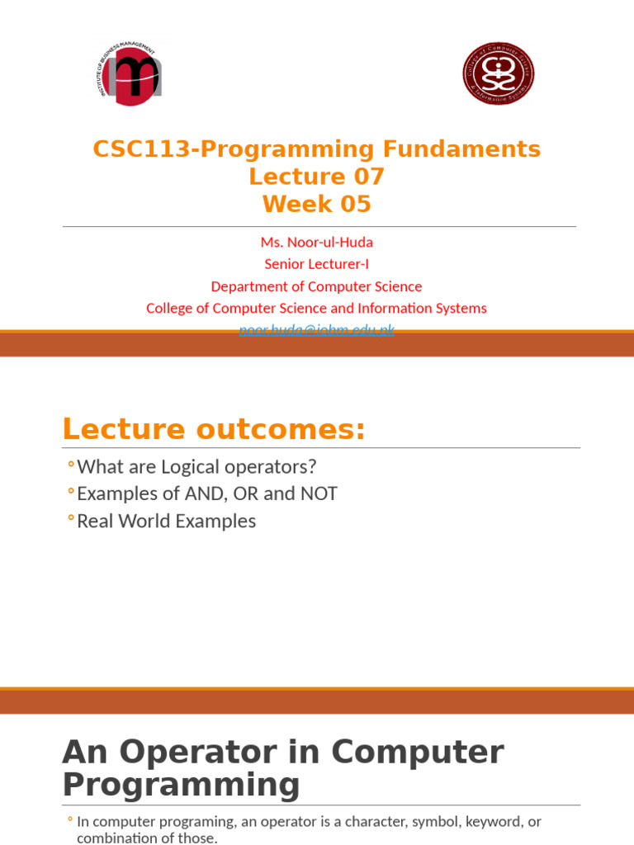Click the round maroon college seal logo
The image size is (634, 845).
(498, 74)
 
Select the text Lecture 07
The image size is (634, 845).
(317, 177)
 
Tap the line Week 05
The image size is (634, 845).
(317, 204)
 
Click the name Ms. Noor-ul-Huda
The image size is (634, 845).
(316, 242)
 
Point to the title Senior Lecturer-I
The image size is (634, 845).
(316, 264)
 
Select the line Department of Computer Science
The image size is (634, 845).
(316, 286)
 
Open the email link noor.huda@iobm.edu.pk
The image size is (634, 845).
(316, 330)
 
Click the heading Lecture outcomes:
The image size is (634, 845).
(214, 430)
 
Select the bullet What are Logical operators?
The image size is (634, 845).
(196, 467)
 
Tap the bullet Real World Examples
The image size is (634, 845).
(166, 522)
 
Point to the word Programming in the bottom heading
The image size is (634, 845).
(182, 785)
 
